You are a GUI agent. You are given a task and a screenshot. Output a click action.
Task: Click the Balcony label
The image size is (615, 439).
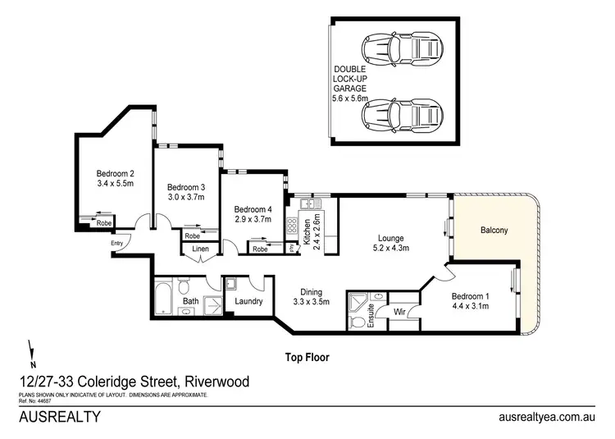(494, 231)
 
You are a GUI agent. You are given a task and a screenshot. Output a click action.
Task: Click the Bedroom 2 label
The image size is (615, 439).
(115, 173)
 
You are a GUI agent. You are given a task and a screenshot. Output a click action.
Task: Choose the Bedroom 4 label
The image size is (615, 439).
(252, 208)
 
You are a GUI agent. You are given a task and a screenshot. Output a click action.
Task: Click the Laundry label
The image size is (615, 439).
(248, 301)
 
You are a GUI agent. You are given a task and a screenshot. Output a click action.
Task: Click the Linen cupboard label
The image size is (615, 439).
(200, 249)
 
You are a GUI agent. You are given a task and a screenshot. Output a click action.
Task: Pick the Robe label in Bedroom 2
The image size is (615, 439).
(104, 222)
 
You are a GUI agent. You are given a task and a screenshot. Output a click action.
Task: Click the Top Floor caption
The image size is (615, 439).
(307, 357)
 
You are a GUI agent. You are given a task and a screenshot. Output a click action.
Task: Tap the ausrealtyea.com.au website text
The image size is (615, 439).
(547, 416)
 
